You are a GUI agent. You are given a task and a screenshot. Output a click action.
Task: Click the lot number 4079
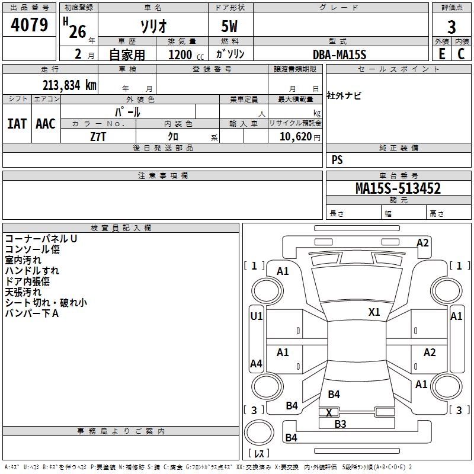[30, 25]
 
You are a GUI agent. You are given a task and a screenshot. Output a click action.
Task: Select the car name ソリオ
[152, 26]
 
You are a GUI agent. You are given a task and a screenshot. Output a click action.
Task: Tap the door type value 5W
[230, 27]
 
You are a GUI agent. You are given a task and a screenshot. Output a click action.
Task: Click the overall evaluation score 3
[451, 27]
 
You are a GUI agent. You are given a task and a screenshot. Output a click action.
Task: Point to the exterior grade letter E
[441, 53]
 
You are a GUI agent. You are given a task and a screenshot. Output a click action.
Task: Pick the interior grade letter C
[462, 53]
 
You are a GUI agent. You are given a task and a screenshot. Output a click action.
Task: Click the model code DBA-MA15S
[340, 55]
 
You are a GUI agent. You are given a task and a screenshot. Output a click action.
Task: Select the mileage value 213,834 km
[69, 85]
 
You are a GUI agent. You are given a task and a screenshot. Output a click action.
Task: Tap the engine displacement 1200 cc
[184, 55]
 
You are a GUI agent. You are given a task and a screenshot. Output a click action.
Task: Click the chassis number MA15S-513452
[398, 188]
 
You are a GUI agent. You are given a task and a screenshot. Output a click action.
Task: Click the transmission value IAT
[17, 123]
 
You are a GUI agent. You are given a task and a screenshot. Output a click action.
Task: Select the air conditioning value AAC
[46, 123]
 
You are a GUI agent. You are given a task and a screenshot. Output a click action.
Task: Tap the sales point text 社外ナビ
[344, 95]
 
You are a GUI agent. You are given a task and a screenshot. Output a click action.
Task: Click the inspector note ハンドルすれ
[32, 271]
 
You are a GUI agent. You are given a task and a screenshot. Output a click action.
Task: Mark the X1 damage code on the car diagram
[374, 312]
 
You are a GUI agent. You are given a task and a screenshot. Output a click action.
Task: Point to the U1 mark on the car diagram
[256, 316]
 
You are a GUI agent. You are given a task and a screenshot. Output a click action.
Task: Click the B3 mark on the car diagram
[340, 424]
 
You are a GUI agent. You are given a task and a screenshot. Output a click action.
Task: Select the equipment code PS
[337, 160]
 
